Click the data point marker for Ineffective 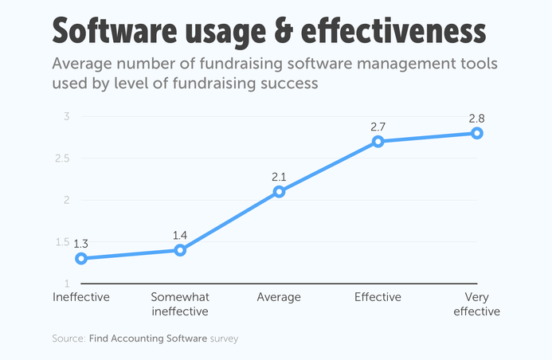click(81, 258)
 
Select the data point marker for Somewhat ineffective click(180, 250)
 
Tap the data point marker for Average click(279, 192)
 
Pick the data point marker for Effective click(378, 142)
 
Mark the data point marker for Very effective click(476, 133)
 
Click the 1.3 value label click(81, 243)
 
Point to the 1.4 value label click(180, 235)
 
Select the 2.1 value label click(279, 177)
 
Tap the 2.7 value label click(378, 127)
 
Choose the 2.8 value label click(476, 118)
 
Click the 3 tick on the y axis click(68, 117)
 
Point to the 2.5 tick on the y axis click(63, 158)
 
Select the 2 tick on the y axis click(68, 200)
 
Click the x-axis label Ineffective click(81, 297)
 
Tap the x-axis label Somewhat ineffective click(180, 303)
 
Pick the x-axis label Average click(279, 297)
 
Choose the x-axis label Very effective click(476, 303)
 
